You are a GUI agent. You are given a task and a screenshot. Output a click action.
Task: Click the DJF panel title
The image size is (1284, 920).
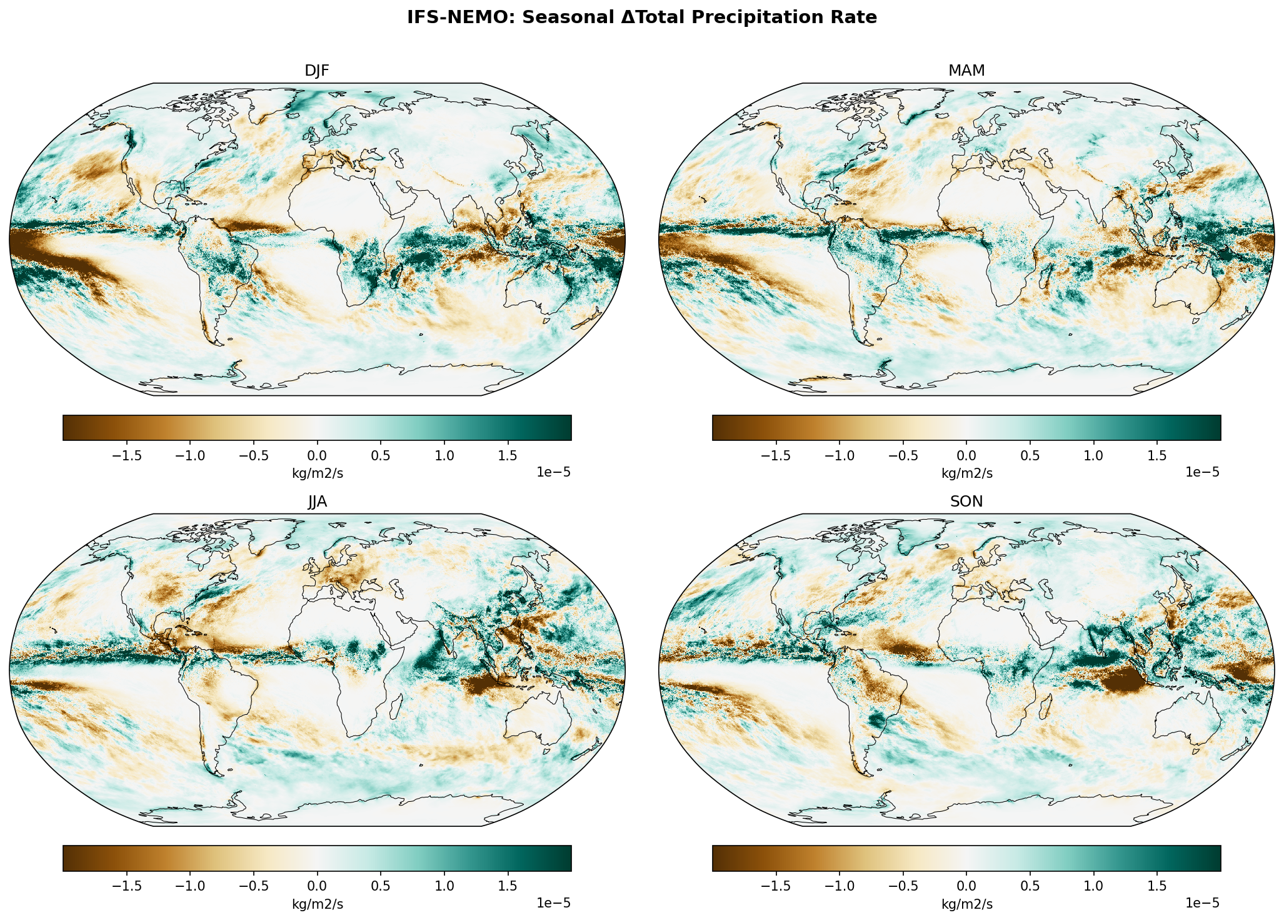(x=317, y=71)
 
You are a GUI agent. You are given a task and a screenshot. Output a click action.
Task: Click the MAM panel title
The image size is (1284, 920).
(x=966, y=71)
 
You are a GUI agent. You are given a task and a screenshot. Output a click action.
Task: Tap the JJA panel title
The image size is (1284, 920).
(x=317, y=502)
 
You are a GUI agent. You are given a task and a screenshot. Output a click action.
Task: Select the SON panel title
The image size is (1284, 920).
(x=966, y=502)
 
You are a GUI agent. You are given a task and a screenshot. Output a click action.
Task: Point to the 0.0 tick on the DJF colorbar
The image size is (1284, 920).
(x=317, y=455)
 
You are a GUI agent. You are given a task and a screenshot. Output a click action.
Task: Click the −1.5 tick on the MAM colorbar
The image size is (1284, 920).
(x=776, y=455)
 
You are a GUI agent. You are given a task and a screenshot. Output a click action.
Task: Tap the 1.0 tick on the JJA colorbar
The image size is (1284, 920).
(x=444, y=886)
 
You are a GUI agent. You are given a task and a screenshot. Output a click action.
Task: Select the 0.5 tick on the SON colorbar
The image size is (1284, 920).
(x=1030, y=886)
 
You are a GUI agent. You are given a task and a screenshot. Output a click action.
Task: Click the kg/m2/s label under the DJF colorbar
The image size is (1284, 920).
(x=317, y=473)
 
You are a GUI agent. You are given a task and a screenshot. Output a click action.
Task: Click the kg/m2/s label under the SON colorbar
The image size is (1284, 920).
(x=966, y=904)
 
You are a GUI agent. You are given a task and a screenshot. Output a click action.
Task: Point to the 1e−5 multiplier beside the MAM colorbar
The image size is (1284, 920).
(x=1202, y=472)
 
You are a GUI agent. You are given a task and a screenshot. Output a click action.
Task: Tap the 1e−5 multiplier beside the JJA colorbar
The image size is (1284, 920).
(x=553, y=903)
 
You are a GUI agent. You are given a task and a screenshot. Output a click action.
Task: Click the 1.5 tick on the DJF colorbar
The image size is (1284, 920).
(x=508, y=455)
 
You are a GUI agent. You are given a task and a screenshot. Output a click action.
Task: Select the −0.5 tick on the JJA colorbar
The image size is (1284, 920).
(x=253, y=886)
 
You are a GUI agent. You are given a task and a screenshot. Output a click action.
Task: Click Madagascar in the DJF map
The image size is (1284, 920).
(x=396, y=275)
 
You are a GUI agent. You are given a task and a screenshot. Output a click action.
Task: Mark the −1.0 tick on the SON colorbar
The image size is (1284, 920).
(x=840, y=886)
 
